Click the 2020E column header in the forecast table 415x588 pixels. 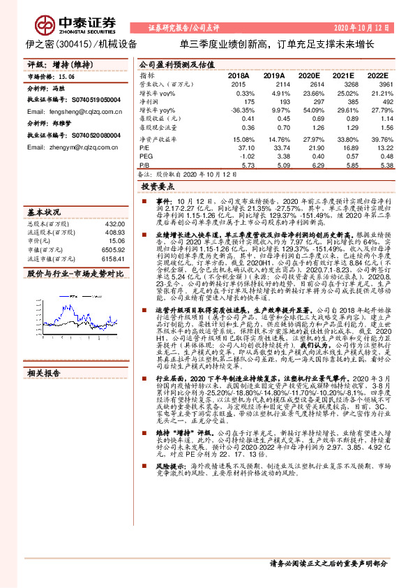(308, 75)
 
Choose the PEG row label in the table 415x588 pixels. (146, 157)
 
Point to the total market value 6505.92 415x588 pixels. (113, 249)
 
